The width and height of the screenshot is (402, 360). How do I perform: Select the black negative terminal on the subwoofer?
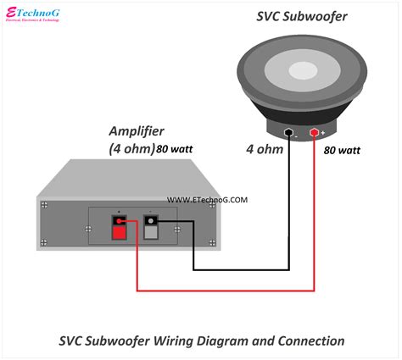pyautogui.click(x=290, y=134)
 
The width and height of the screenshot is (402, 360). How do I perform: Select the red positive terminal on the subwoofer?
pyautogui.click(x=315, y=134)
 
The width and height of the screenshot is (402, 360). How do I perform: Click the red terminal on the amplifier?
pyautogui.click(x=120, y=224)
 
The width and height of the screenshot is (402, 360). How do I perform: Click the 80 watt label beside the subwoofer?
pyautogui.click(x=342, y=150)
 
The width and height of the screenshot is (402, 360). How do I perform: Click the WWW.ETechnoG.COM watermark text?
pyautogui.click(x=207, y=200)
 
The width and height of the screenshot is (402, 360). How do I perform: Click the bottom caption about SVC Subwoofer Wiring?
pyautogui.click(x=201, y=341)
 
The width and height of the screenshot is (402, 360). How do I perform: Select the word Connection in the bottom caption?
pyautogui.click(x=310, y=341)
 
